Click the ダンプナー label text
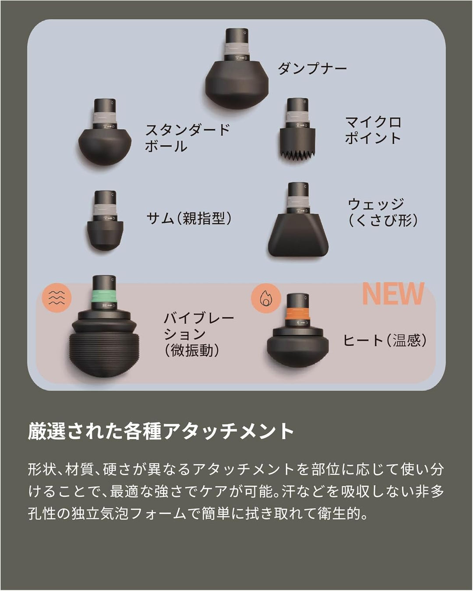[x=312, y=68]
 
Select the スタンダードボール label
[x=187, y=138]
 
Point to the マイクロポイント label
[x=373, y=130]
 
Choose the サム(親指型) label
[x=188, y=218]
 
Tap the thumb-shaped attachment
[x=105, y=234]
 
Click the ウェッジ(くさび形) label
[x=382, y=212]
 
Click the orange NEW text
[x=393, y=294]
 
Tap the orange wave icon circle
[x=56, y=297]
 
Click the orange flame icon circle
[x=265, y=298]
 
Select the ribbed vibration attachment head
[x=103, y=350]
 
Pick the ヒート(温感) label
[x=385, y=340]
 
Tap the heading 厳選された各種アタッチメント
[x=161, y=431]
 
